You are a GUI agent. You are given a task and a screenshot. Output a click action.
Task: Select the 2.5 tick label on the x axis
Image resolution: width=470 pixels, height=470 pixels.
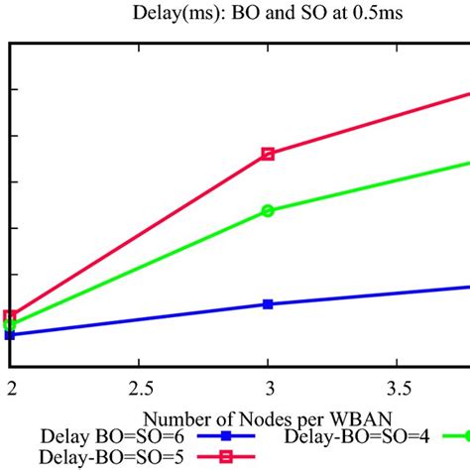[x=139, y=383]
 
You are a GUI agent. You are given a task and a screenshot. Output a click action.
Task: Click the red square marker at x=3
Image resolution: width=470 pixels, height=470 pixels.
[x=268, y=154]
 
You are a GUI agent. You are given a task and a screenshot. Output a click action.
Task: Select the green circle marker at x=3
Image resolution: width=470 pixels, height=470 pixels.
[x=268, y=211]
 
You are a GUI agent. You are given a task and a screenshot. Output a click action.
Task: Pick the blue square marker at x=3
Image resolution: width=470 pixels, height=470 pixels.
[x=268, y=303]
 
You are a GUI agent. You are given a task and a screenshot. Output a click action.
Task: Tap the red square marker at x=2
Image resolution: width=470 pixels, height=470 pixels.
[x=10, y=316]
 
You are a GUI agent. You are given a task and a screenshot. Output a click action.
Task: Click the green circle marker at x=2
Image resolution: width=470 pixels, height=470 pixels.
[x=10, y=324]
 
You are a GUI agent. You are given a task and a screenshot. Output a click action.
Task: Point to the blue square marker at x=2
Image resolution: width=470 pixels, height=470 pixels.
[x=10, y=335]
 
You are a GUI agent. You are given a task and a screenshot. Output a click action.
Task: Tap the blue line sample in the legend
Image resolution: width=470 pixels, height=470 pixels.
[x=225, y=436]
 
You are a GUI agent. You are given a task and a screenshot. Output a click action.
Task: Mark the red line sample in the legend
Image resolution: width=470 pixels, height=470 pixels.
[x=225, y=456]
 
